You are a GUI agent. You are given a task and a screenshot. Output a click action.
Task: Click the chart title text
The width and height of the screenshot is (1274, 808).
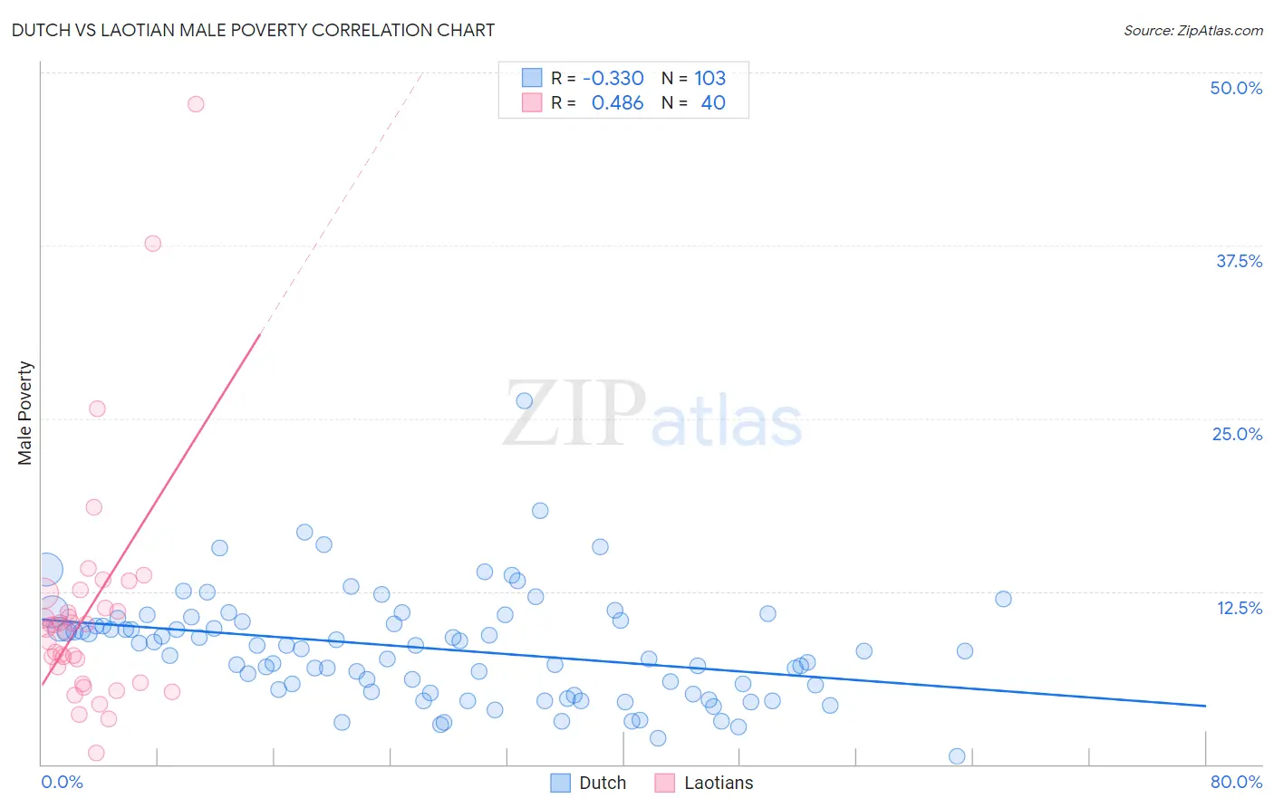click(253, 30)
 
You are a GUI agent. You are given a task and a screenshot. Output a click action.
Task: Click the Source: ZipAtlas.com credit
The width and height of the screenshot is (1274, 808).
click(1192, 30)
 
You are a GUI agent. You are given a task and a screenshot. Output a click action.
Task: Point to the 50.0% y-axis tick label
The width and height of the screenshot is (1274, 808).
click(1236, 88)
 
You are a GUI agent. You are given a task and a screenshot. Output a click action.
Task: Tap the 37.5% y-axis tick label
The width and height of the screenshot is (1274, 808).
click(1239, 261)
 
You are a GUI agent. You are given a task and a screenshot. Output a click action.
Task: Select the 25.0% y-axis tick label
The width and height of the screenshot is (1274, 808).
click(1237, 434)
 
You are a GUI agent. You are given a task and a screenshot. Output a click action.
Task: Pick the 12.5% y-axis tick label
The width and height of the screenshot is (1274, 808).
click(1239, 608)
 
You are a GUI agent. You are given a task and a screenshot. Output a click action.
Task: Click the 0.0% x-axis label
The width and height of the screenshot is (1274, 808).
click(62, 782)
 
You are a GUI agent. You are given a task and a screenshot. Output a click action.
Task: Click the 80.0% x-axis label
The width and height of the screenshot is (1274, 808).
click(1236, 782)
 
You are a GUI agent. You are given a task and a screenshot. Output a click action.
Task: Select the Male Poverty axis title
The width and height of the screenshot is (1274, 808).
click(25, 413)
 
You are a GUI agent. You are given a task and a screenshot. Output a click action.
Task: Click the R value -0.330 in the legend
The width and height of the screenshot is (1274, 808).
click(613, 78)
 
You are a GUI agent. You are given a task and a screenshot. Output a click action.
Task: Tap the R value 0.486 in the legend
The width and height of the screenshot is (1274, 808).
click(617, 103)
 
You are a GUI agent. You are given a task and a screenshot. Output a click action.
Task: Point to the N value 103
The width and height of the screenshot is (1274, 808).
click(710, 78)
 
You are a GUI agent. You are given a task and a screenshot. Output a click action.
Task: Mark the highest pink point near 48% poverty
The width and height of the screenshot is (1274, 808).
click(196, 104)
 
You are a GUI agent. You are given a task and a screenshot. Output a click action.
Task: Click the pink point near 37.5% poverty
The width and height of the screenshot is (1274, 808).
click(153, 244)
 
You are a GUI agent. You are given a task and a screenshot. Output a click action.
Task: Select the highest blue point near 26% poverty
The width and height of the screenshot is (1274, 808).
click(524, 400)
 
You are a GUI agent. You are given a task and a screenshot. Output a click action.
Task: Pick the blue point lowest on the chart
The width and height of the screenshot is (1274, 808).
click(957, 756)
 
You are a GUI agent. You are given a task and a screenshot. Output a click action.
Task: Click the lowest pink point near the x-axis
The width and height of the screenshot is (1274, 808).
click(96, 753)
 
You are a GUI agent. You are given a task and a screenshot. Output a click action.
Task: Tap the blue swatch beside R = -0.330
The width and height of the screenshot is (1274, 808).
click(532, 78)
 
